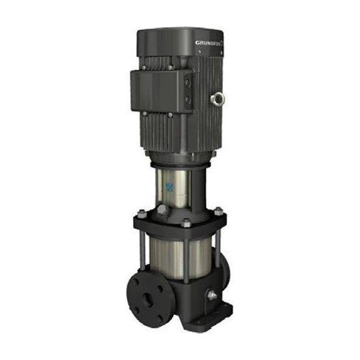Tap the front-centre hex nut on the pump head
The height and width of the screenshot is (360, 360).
tap(185, 222)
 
